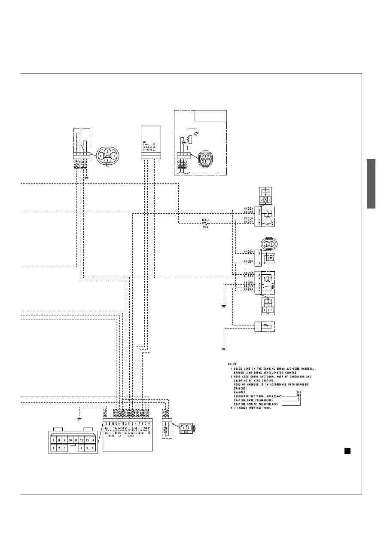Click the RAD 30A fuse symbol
click(x=205, y=223)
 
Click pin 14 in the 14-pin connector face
click(x=92, y=441)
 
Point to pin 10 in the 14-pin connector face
click(x=70, y=441)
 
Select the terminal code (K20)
click(x=248, y=251)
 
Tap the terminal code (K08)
click(x=248, y=262)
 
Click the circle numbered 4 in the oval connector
click(x=101, y=156)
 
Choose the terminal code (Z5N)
click(x=248, y=282)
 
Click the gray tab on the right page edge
click(x=371, y=184)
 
